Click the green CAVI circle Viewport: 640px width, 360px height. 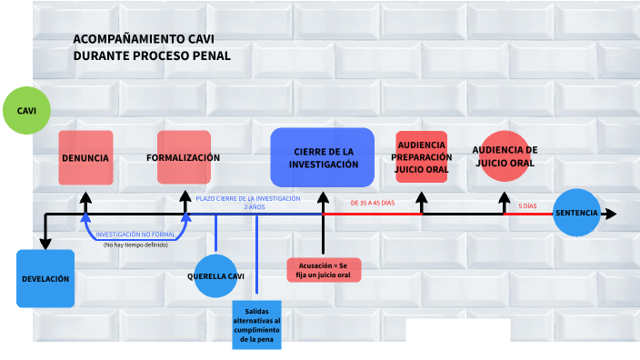26,111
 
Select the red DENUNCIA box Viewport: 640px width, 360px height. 85,158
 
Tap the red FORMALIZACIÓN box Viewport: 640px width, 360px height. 184,158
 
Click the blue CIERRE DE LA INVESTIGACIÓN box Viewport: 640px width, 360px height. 323,158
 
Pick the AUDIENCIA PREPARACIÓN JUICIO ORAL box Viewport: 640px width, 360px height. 421,157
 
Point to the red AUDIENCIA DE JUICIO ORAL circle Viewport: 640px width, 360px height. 505,156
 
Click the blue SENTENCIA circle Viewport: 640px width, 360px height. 576,213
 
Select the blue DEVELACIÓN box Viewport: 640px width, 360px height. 45,278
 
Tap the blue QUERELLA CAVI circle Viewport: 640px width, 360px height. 216,275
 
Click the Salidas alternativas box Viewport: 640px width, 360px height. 256,325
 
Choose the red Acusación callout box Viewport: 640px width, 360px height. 324,270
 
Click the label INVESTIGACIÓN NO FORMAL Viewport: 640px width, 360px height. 135,234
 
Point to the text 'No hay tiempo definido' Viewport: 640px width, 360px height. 135,245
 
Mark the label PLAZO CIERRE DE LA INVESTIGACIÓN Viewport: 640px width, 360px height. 247,198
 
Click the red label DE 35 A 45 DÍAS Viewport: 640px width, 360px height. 373,202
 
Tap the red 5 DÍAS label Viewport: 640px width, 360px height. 527,206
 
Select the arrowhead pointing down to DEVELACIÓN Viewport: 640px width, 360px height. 45,242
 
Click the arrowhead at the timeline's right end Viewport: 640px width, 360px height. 610,214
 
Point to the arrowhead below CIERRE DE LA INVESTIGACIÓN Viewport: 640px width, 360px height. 323,196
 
